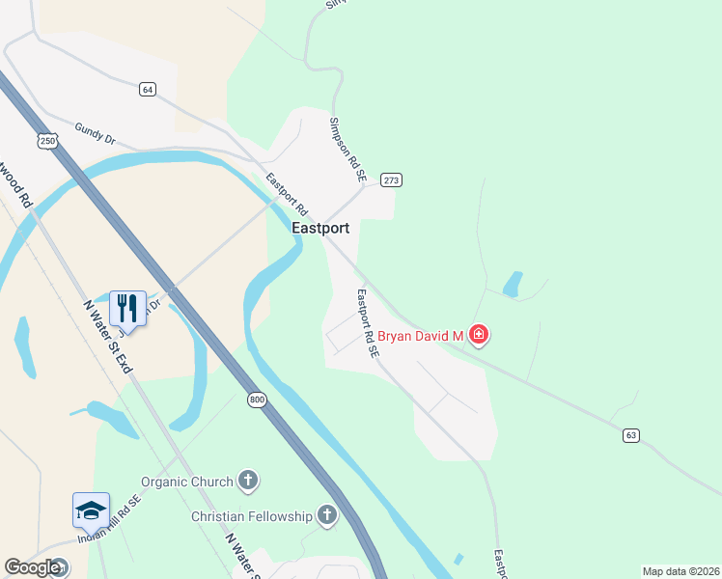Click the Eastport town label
tap(321, 230)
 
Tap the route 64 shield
tap(147, 89)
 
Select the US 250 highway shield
tap(49, 141)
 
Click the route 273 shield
tap(391, 180)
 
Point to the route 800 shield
tap(256, 400)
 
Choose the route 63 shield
tap(631, 435)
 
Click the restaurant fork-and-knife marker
tap(127, 308)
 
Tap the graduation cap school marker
tap(91, 510)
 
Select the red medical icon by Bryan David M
tap(479, 336)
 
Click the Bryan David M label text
tap(421, 336)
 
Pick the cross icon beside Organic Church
tap(248, 481)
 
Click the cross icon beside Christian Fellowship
tap(327, 516)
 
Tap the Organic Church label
tap(187, 482)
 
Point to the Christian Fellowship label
tap(252, 516)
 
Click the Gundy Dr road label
tap(95, 135)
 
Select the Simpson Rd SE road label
tap(347, 151)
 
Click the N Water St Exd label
tap(107, 337)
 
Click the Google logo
tap(34, 567)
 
